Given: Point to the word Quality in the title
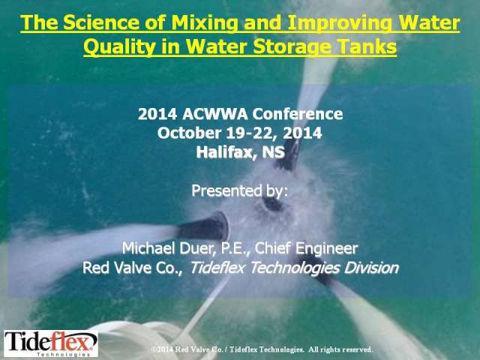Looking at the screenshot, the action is click(x=119, y=47).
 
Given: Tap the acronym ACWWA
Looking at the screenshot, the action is click(x=214, y=114).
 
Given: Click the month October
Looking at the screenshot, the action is click(x=189, y=133).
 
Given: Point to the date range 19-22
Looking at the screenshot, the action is click(x=250, y=133).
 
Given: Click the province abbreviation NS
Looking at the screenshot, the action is click(x=273, y=152).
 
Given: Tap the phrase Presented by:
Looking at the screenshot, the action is click(x=240, y=191).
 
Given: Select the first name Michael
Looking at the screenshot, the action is click(x=148, y=248).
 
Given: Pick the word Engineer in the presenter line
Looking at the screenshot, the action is click(x=326, y=248).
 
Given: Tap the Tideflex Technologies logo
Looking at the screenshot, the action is click(x=51, y=343).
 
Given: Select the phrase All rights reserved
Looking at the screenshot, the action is click(x=340, y=349).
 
